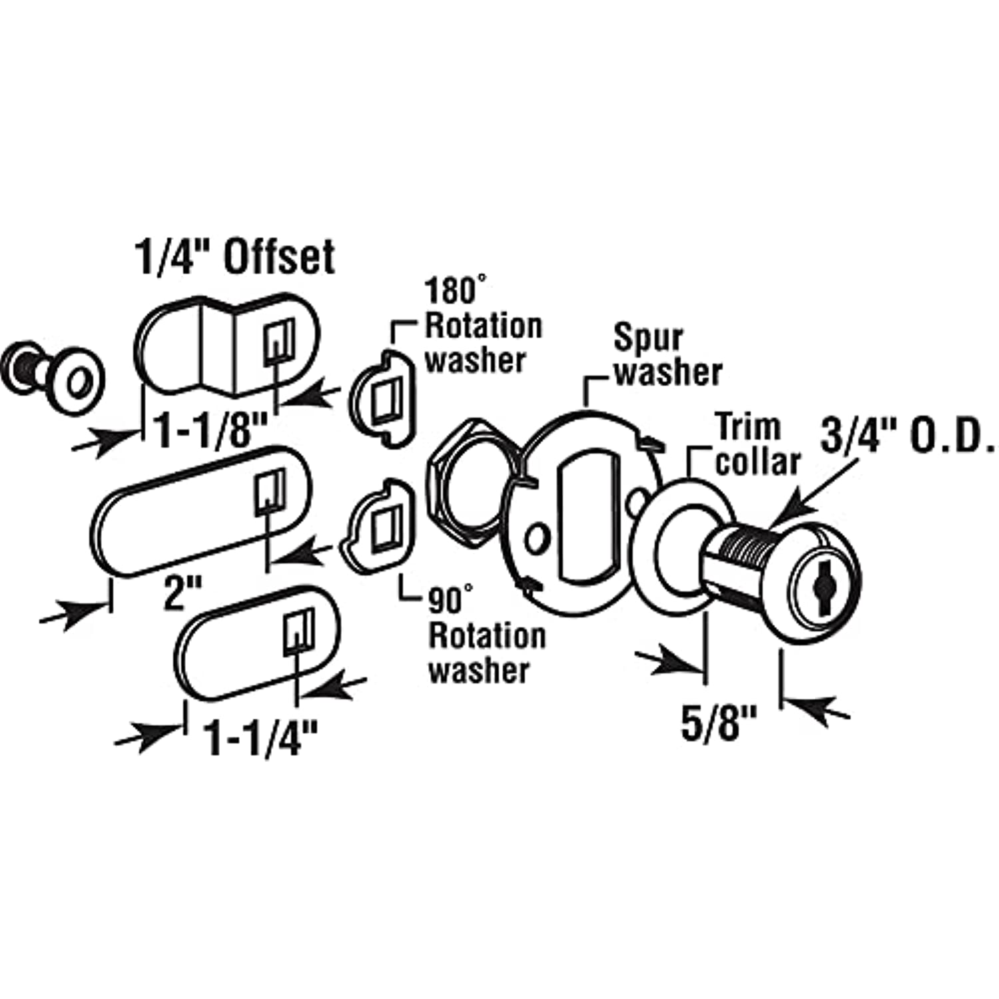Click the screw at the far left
tap(53, 376)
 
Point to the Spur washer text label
tap(666, 355)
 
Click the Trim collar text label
tap(757, 444)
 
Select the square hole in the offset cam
tap(278, 340)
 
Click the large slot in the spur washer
tap(583, 515)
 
